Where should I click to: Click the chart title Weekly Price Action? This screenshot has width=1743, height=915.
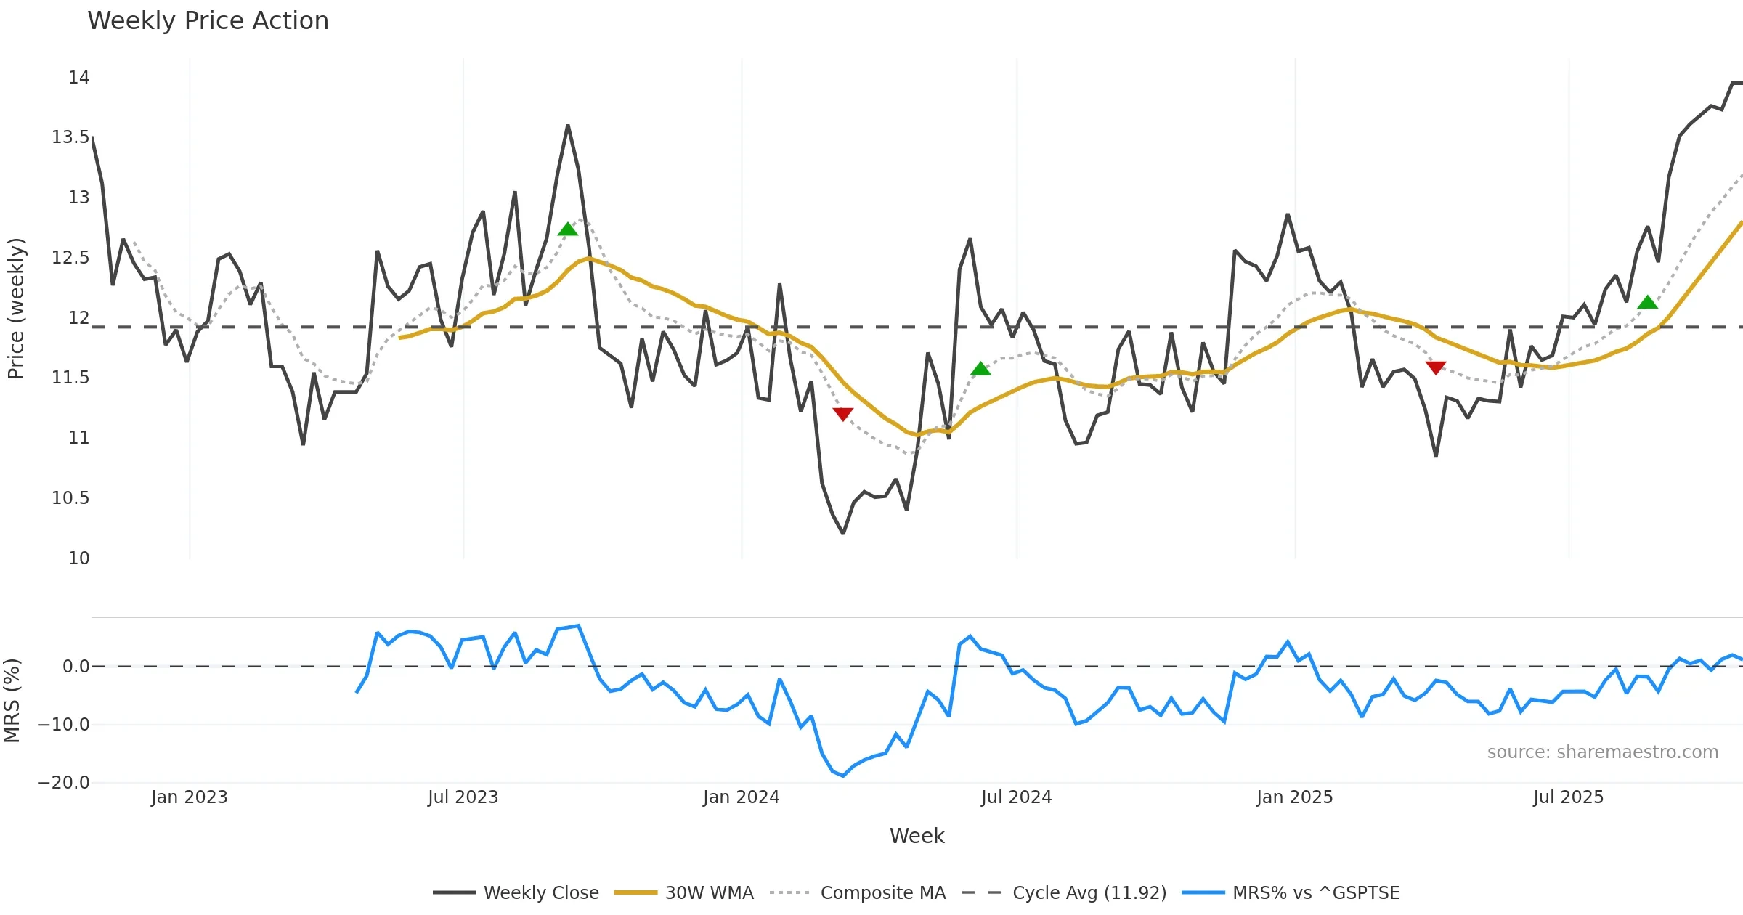tap(208, 20)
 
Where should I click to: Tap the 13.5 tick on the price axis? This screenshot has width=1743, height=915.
tap(70, 137)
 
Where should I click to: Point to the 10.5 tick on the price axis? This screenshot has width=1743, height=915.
tap(70, 498)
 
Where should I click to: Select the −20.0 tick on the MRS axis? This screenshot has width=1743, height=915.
tap(64, 783)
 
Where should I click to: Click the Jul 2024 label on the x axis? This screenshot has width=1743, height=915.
tap(1016, 797)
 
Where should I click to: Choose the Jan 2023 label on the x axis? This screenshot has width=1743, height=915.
tap(190, 797)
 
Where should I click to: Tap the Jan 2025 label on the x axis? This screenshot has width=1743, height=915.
tap(1295, 797)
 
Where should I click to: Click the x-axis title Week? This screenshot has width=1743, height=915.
tap(917, 837)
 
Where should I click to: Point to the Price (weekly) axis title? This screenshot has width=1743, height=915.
tap(16, 309)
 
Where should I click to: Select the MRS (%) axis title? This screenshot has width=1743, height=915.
tap(12, 701)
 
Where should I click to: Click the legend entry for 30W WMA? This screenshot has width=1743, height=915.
tap(709, 892)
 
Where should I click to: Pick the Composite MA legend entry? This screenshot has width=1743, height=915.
tap(882, 892)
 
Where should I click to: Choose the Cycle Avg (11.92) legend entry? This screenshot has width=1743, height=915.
tap(1089, 892)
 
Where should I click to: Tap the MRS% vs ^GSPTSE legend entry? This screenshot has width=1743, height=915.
tap(1315, 892)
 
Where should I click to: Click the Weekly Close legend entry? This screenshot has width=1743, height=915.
tap(541, 892)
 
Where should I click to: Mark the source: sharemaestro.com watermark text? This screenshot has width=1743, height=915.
tap(1602, 752)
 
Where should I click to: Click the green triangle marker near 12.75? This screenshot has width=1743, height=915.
tap(568, 229)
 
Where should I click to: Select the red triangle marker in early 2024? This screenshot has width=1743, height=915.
tap(842, 414)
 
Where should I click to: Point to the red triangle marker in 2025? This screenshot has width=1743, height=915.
tap(1436, 367)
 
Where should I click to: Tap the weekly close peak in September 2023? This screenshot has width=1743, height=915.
tap(568, 126)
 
